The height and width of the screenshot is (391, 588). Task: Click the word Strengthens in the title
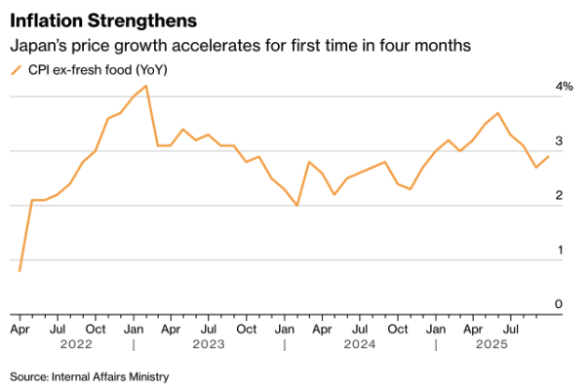133,20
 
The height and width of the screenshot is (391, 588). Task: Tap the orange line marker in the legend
17,69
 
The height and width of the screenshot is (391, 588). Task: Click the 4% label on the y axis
565,87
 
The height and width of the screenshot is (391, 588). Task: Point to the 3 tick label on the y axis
560,141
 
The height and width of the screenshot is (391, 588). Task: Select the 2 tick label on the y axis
560,196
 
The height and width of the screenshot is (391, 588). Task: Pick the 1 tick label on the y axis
560,251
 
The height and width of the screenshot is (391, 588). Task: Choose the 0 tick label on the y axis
560,304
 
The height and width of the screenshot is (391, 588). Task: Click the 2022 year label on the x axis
75,344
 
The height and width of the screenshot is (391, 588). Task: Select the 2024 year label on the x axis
360,344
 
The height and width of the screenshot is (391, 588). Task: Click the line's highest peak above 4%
146,86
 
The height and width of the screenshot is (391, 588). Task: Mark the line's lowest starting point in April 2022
20,270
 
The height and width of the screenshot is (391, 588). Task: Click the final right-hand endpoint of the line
549,156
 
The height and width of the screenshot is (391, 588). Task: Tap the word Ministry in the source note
145,376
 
